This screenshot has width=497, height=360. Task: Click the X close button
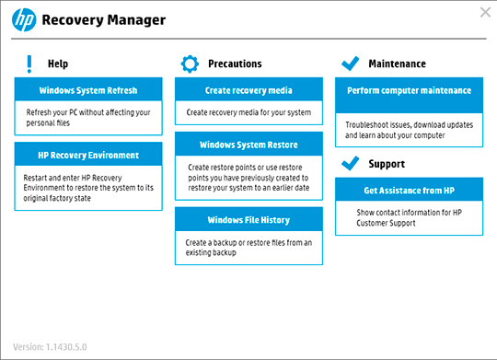485,12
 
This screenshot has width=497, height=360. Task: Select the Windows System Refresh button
89,90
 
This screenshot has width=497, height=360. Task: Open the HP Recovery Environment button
89,155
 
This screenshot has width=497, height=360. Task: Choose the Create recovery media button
248,90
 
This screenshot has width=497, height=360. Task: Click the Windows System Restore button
248,145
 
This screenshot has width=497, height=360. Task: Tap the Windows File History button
248,220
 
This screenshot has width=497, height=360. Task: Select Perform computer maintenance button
409,90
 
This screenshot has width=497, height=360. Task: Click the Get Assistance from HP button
409,191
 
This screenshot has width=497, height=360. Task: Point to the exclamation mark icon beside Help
29,64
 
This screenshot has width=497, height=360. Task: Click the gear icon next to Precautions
190,64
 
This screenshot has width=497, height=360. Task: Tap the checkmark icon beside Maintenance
350,64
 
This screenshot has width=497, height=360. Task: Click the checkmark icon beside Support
350,164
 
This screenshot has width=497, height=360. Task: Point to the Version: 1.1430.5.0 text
52,347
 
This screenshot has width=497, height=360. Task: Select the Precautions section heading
234,64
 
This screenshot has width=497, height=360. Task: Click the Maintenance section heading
397,64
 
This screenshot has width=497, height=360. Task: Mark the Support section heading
387,164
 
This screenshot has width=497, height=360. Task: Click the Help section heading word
57,64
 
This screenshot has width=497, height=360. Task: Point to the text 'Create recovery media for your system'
248,112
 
